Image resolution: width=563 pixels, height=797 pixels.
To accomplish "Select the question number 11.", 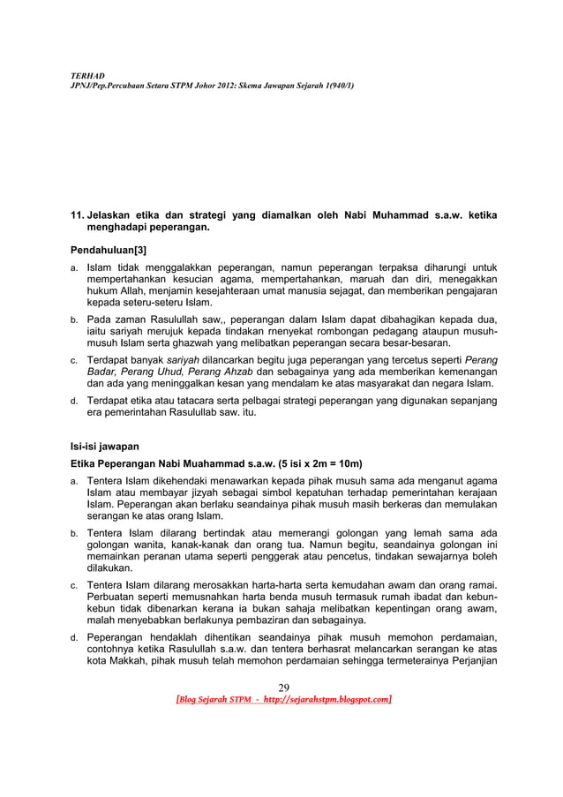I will click(x=78, y=214).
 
